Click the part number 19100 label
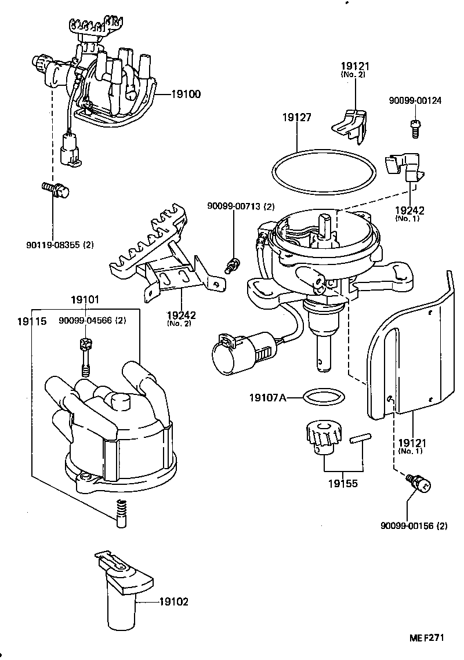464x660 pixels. click(x=186, y=93)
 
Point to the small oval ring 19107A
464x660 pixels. click(x=323, y=398)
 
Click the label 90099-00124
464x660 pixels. click(x=415, y=100)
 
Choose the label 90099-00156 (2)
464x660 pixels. click(x=414, y=526)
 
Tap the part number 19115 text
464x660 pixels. click(x=31, y=320)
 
